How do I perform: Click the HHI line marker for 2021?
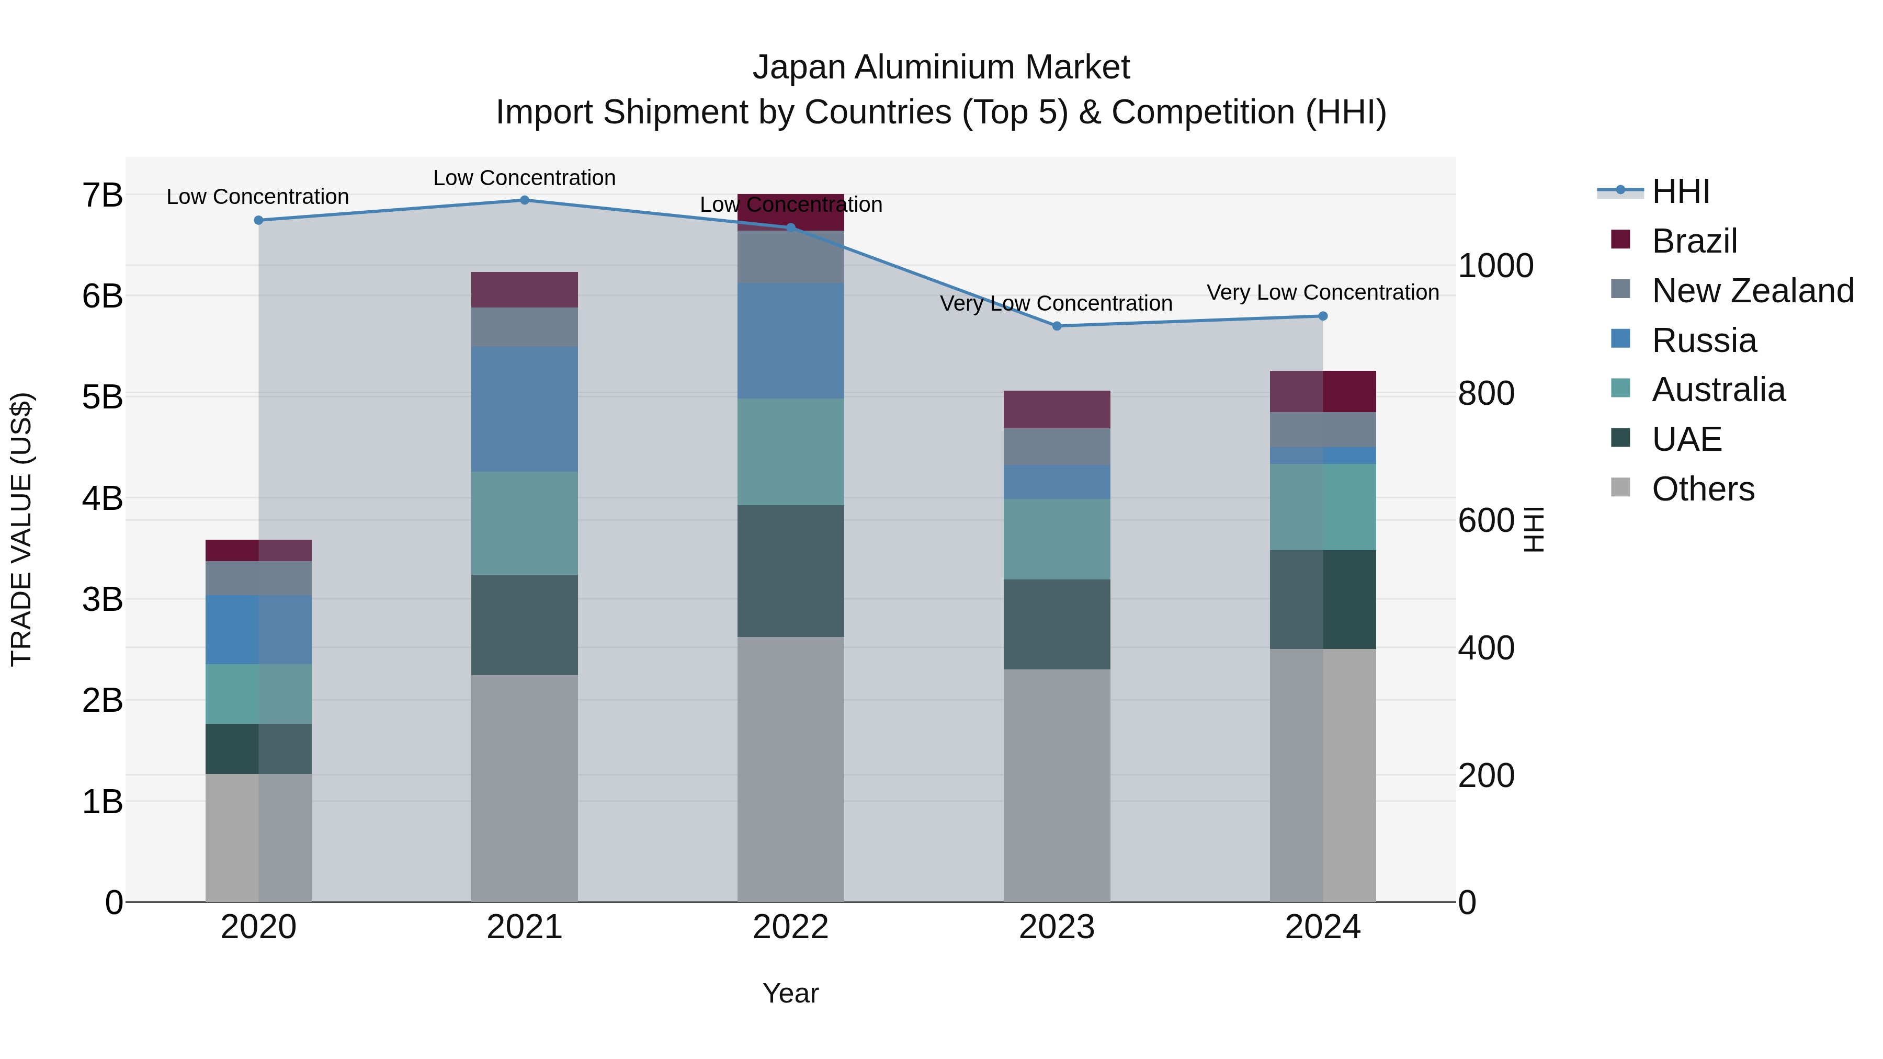524,200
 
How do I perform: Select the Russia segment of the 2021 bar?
524,409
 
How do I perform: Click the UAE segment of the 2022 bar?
790,571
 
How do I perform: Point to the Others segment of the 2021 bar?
524,788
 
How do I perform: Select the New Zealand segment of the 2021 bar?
524,327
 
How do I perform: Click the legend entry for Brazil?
1694,241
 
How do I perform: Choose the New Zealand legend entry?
1752,291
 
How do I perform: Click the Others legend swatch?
1620,487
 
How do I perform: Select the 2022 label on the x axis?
790,927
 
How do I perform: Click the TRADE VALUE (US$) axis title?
21,529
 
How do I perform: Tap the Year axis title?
790,993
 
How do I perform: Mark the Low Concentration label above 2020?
257,197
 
